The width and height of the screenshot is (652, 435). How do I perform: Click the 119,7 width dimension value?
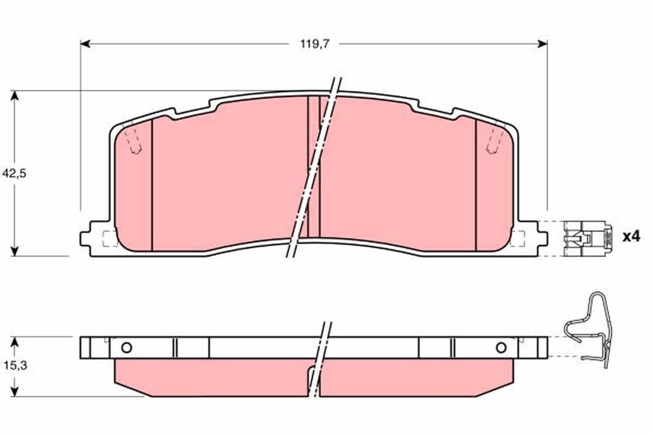[315, 44]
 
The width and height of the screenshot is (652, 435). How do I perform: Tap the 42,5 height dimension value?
[14, 173]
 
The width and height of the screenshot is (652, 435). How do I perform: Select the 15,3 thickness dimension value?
[15, 365]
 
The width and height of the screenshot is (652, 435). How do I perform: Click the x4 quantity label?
[631, 237]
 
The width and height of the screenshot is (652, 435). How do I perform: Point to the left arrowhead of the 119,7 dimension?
[85, 44]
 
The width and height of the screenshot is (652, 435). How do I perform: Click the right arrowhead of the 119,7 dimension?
[543, 44]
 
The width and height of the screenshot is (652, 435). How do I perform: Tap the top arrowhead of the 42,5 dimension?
[14, 96]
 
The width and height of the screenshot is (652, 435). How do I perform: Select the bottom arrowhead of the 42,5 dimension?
[14, 251]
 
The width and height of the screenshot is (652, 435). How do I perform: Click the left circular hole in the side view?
[127, 347]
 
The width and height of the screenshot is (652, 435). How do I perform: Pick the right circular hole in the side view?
[501, 347]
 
